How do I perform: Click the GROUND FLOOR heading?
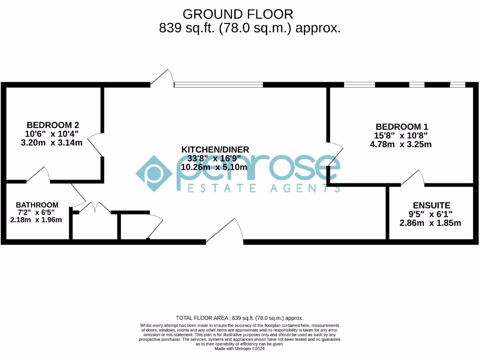tap(238, 14)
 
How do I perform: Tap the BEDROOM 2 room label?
tap(52, 125)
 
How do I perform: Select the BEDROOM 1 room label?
tap(402, 127)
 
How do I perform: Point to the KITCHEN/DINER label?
tap(215, 150)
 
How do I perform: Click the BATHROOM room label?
tap(37, 205)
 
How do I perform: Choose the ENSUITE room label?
tap(431, 205)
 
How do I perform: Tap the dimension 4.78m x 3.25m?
tap(401, 144)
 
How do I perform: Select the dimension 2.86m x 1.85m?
tap(430, 223)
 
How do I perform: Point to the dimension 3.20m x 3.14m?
tap(52, 142)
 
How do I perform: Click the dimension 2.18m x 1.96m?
tap(36, 219)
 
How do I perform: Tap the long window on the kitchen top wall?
tap(218, 85)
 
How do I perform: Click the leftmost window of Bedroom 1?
tap(360, 85)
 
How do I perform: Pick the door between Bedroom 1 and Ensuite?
tap(412, 178)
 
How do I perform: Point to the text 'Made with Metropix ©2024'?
tap(240, 349)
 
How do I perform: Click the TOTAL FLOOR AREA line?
tap(240, 317)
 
